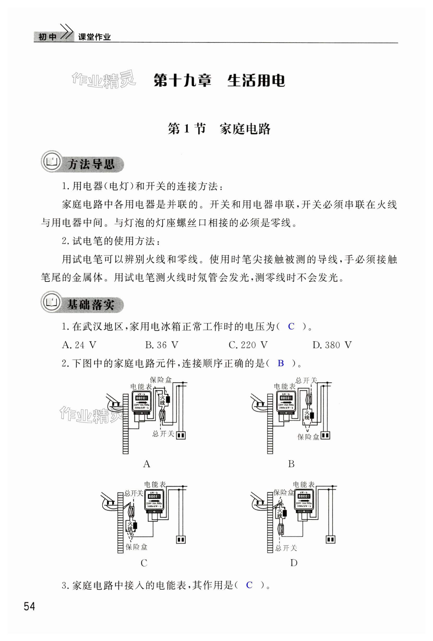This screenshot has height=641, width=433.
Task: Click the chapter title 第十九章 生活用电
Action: [219, 81]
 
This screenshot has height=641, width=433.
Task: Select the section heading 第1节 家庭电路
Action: [219, 129]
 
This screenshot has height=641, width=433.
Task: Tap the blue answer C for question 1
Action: [291, 327]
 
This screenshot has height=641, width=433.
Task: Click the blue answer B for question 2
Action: [281, 363]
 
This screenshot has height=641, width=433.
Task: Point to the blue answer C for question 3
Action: [249, 585]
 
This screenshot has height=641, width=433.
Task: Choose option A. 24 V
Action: [79, 345]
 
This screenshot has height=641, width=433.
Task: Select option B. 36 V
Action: [162, 345]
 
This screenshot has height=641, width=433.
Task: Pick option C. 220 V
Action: [248, 345]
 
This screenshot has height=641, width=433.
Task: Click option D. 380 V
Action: [332, 345]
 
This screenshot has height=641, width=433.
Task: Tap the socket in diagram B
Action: [325, 435]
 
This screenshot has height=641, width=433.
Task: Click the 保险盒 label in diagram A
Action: [161, 380]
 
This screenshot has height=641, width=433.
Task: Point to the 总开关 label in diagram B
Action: [306, 381]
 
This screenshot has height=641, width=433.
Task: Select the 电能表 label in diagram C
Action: [155, 485]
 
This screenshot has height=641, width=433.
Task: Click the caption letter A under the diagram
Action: [147, 464]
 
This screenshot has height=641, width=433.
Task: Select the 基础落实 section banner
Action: [83, 305]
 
